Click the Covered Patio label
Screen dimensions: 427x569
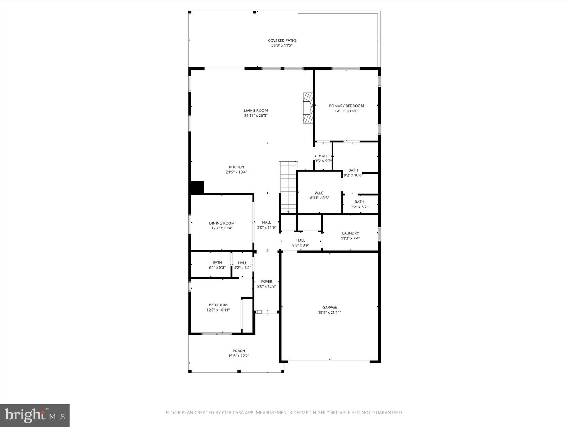282,40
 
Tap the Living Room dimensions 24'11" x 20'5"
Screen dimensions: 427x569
256,116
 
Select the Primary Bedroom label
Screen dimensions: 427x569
346,106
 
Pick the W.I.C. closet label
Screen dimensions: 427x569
319,193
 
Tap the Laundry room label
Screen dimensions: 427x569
350,233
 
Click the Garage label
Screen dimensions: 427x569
330,307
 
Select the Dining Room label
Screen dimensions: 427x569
222,223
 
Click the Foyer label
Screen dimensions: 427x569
266,282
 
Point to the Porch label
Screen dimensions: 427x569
239,351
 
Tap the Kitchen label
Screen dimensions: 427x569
236,167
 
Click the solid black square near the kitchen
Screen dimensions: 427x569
197,187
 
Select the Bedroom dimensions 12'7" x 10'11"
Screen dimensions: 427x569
218,310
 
